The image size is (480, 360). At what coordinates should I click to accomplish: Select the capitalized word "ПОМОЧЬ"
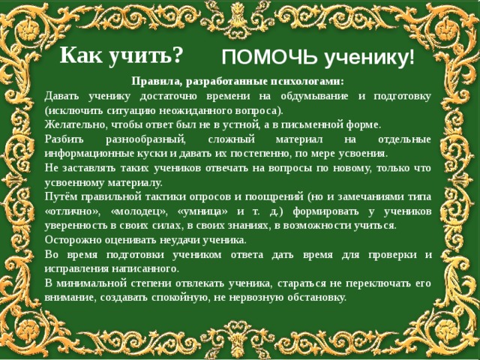(262, 58)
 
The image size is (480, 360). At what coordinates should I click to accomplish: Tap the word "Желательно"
(77, 124)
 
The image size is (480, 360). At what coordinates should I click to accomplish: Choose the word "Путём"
(62, 196)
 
